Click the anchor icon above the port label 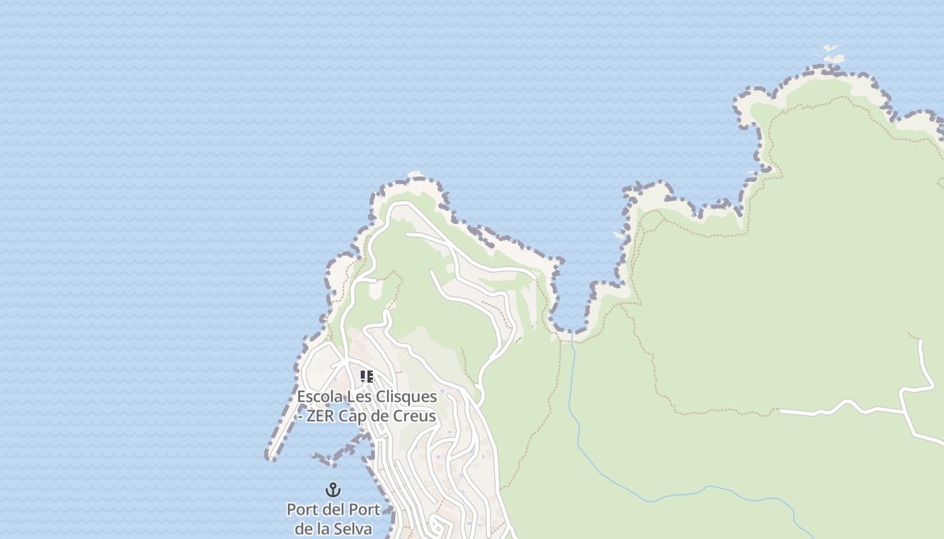[333, 490]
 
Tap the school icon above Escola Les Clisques [366, 376]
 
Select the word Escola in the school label [320, 397]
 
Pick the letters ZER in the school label [321, 416]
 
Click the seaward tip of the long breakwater [271, 457]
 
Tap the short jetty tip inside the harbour [314, 456]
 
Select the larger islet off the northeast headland [835, 59]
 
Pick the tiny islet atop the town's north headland [415, 175]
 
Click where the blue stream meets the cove [572, 332]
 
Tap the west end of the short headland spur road [407, 234]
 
